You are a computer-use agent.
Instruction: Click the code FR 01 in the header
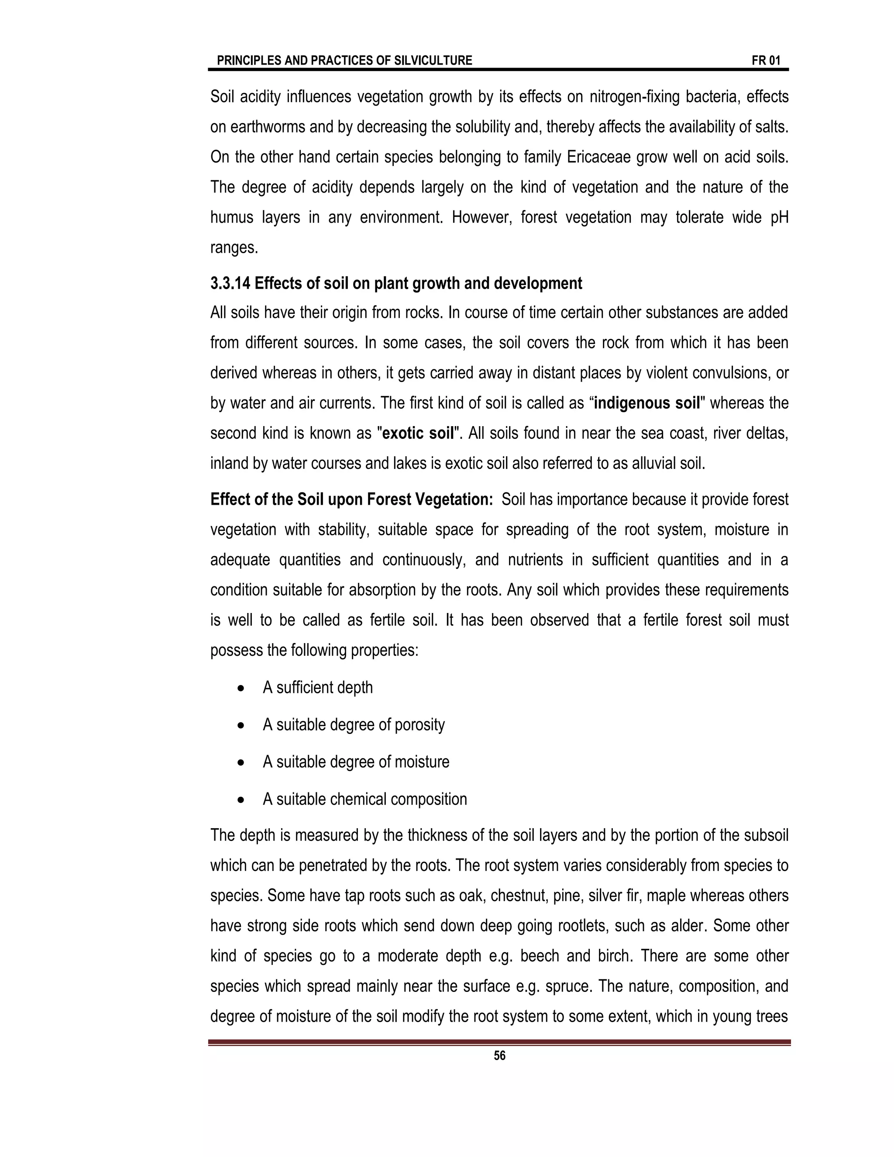[766, 60]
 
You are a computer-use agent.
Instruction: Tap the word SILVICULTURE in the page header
[433, 60]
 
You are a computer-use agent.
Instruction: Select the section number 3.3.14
[230, 283]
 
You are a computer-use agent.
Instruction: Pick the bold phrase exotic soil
[418, 434]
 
